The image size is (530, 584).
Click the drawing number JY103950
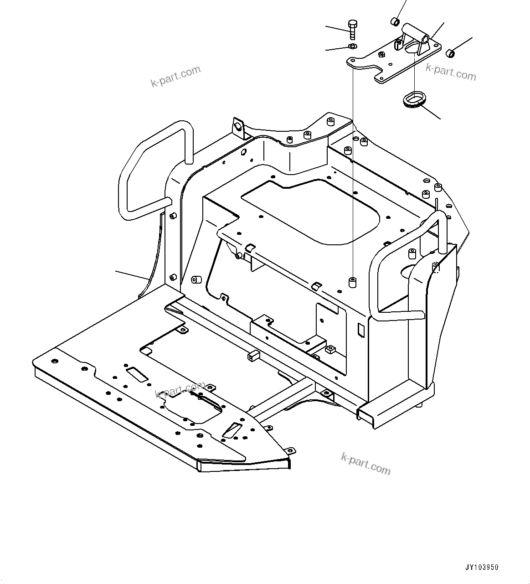point(482,568)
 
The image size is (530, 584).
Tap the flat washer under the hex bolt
point(352,47)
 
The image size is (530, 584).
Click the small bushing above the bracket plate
point(395,21)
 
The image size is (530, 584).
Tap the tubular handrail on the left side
point(150,169)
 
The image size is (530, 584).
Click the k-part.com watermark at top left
point(175,76)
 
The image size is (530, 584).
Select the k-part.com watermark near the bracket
point(451,72)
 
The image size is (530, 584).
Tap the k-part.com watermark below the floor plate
point(365,464)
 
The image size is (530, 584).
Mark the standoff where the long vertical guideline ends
point(352,282)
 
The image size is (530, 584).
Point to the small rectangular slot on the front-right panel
point(361,330)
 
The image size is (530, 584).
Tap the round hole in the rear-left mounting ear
point(237,126)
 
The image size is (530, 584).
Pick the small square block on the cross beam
point(254,355)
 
